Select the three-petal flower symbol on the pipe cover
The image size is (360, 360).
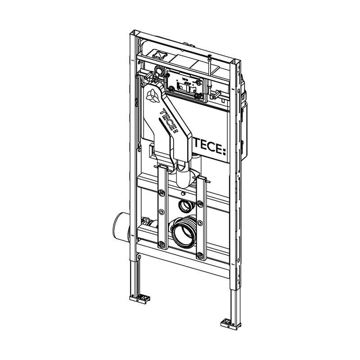tap(152, 96)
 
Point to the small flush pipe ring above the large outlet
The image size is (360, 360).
tap(184, 206)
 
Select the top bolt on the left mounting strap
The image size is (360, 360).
tap(162, 193)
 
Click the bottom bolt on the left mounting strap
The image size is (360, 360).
tap(162, 244)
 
